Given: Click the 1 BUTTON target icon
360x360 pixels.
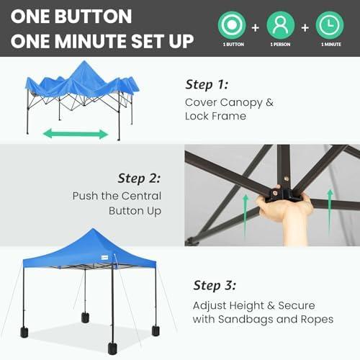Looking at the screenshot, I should click(232, 24).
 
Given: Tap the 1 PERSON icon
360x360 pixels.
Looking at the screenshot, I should click(281, 24).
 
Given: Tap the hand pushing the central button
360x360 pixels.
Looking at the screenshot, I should click(285, 210).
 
